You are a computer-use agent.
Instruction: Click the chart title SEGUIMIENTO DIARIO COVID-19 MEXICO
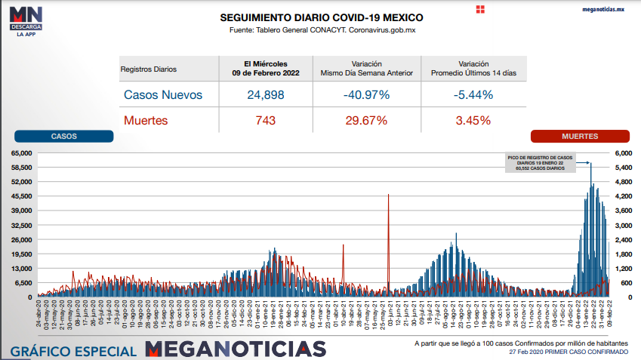coord(321,17)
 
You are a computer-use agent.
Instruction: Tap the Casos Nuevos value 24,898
coord(265,95)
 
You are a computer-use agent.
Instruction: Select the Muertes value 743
coord(265,120)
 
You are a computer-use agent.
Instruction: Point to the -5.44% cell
coord(473,95)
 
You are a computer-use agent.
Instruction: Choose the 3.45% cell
coord(473,120)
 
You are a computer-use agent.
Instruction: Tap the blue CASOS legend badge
coord(63,137)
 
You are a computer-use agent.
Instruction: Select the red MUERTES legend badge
coord(580,137)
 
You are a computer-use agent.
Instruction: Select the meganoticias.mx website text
coord(604,9)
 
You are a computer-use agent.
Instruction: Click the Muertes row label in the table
coord(145,120)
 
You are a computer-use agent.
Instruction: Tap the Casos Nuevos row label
coord(163,95)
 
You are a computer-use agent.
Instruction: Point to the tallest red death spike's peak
coord(389,195)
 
